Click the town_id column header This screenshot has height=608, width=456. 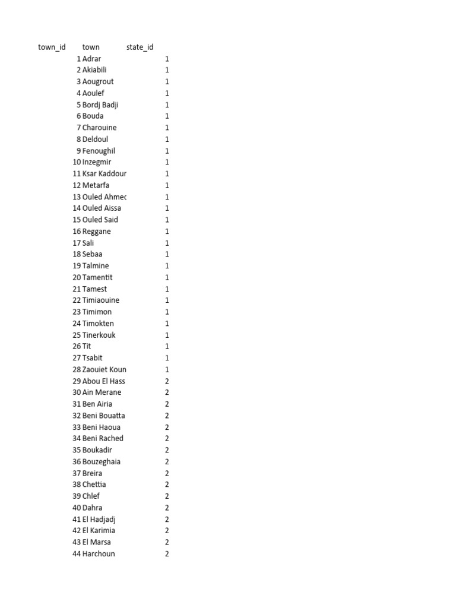(52, 47)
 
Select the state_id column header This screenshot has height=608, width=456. (140, 47)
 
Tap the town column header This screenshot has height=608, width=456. (91, 47)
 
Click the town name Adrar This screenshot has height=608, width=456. (92, 59)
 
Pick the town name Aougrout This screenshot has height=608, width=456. (98, 81)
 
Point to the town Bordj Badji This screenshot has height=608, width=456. (101, 104)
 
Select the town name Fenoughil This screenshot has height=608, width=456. (99, 151)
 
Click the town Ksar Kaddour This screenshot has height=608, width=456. (104, 173)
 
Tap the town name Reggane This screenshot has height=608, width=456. (97, 232)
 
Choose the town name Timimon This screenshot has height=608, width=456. (97, 312)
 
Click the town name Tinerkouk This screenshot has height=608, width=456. (99, 335)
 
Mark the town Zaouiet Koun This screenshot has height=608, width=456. (104, 369)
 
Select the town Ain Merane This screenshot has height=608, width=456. (102, 392)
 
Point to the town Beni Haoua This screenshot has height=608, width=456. (102, 427)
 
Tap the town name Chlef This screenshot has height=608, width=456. (91, 496)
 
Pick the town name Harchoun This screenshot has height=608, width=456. (99, 553)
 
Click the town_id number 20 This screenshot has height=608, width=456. (77, 277)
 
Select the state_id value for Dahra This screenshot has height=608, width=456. (167, 508)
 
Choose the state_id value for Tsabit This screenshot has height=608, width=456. (167, 358)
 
